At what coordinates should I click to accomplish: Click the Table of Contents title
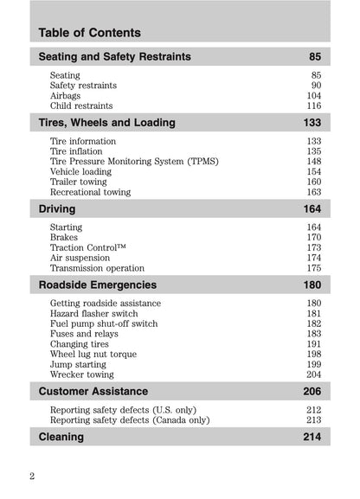coord(90,33)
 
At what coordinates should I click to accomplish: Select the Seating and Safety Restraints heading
coord(115,57)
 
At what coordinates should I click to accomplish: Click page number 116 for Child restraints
coord(312,106)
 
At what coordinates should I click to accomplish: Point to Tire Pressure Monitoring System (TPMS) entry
coord(134,162)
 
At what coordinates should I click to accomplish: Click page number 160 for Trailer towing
coord(312,182)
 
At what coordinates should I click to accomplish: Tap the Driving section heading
coord(57,209)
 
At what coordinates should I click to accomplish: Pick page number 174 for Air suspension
coord(312,259)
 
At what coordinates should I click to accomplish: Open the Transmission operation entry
coord(97,269)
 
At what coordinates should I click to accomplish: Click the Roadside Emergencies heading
coord(98,285)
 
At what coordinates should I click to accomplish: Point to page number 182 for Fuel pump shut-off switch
coord(312,323)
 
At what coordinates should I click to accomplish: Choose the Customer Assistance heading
coord(93,392)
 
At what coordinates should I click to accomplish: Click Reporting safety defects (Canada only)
coord(130,420)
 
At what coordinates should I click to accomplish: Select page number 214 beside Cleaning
coord(312,437)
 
